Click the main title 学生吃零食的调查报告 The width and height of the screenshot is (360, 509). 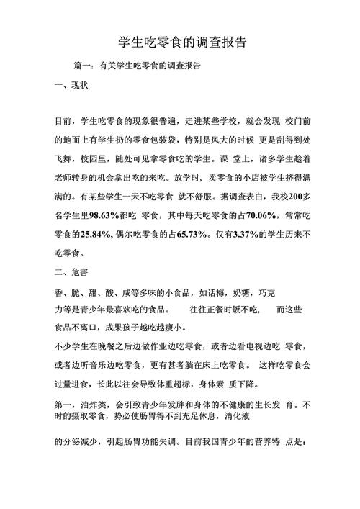180,43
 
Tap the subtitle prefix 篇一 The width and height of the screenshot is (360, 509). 83,66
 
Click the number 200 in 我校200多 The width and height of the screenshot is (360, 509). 291,196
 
